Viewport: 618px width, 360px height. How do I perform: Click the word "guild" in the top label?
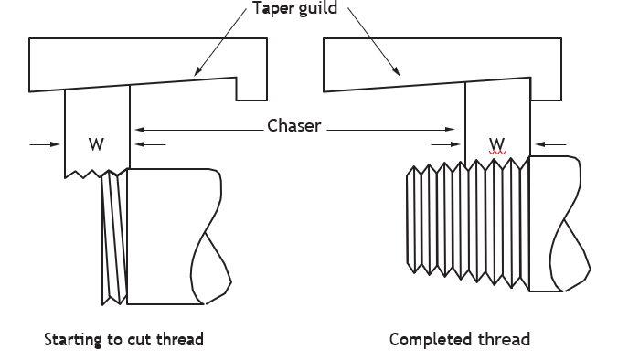click(317, 8)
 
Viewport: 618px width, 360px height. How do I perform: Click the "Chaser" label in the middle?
click(293, 126)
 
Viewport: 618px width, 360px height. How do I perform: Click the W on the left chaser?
click(97, 144)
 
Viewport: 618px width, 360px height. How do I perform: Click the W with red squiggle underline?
click(497, 144)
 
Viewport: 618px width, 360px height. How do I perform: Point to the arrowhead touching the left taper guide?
click(197, 71)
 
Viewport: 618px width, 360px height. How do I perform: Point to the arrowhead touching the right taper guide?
click(396, 71)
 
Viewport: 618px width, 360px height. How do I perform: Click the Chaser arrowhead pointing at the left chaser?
click(140, 129)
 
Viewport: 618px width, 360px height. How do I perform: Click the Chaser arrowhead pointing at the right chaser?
click(450, 129)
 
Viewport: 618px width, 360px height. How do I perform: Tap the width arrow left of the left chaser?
click(45, 144)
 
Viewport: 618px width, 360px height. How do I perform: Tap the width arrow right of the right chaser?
click(551, 144)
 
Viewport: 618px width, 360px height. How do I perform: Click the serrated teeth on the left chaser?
click(97, 174)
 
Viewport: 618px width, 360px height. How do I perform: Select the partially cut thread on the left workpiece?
click(114, 237)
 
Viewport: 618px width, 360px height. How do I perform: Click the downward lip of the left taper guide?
click(251, 89)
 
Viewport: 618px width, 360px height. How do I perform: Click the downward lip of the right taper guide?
click(546, 89)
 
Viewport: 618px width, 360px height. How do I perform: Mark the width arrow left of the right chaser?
click(445, 144)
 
